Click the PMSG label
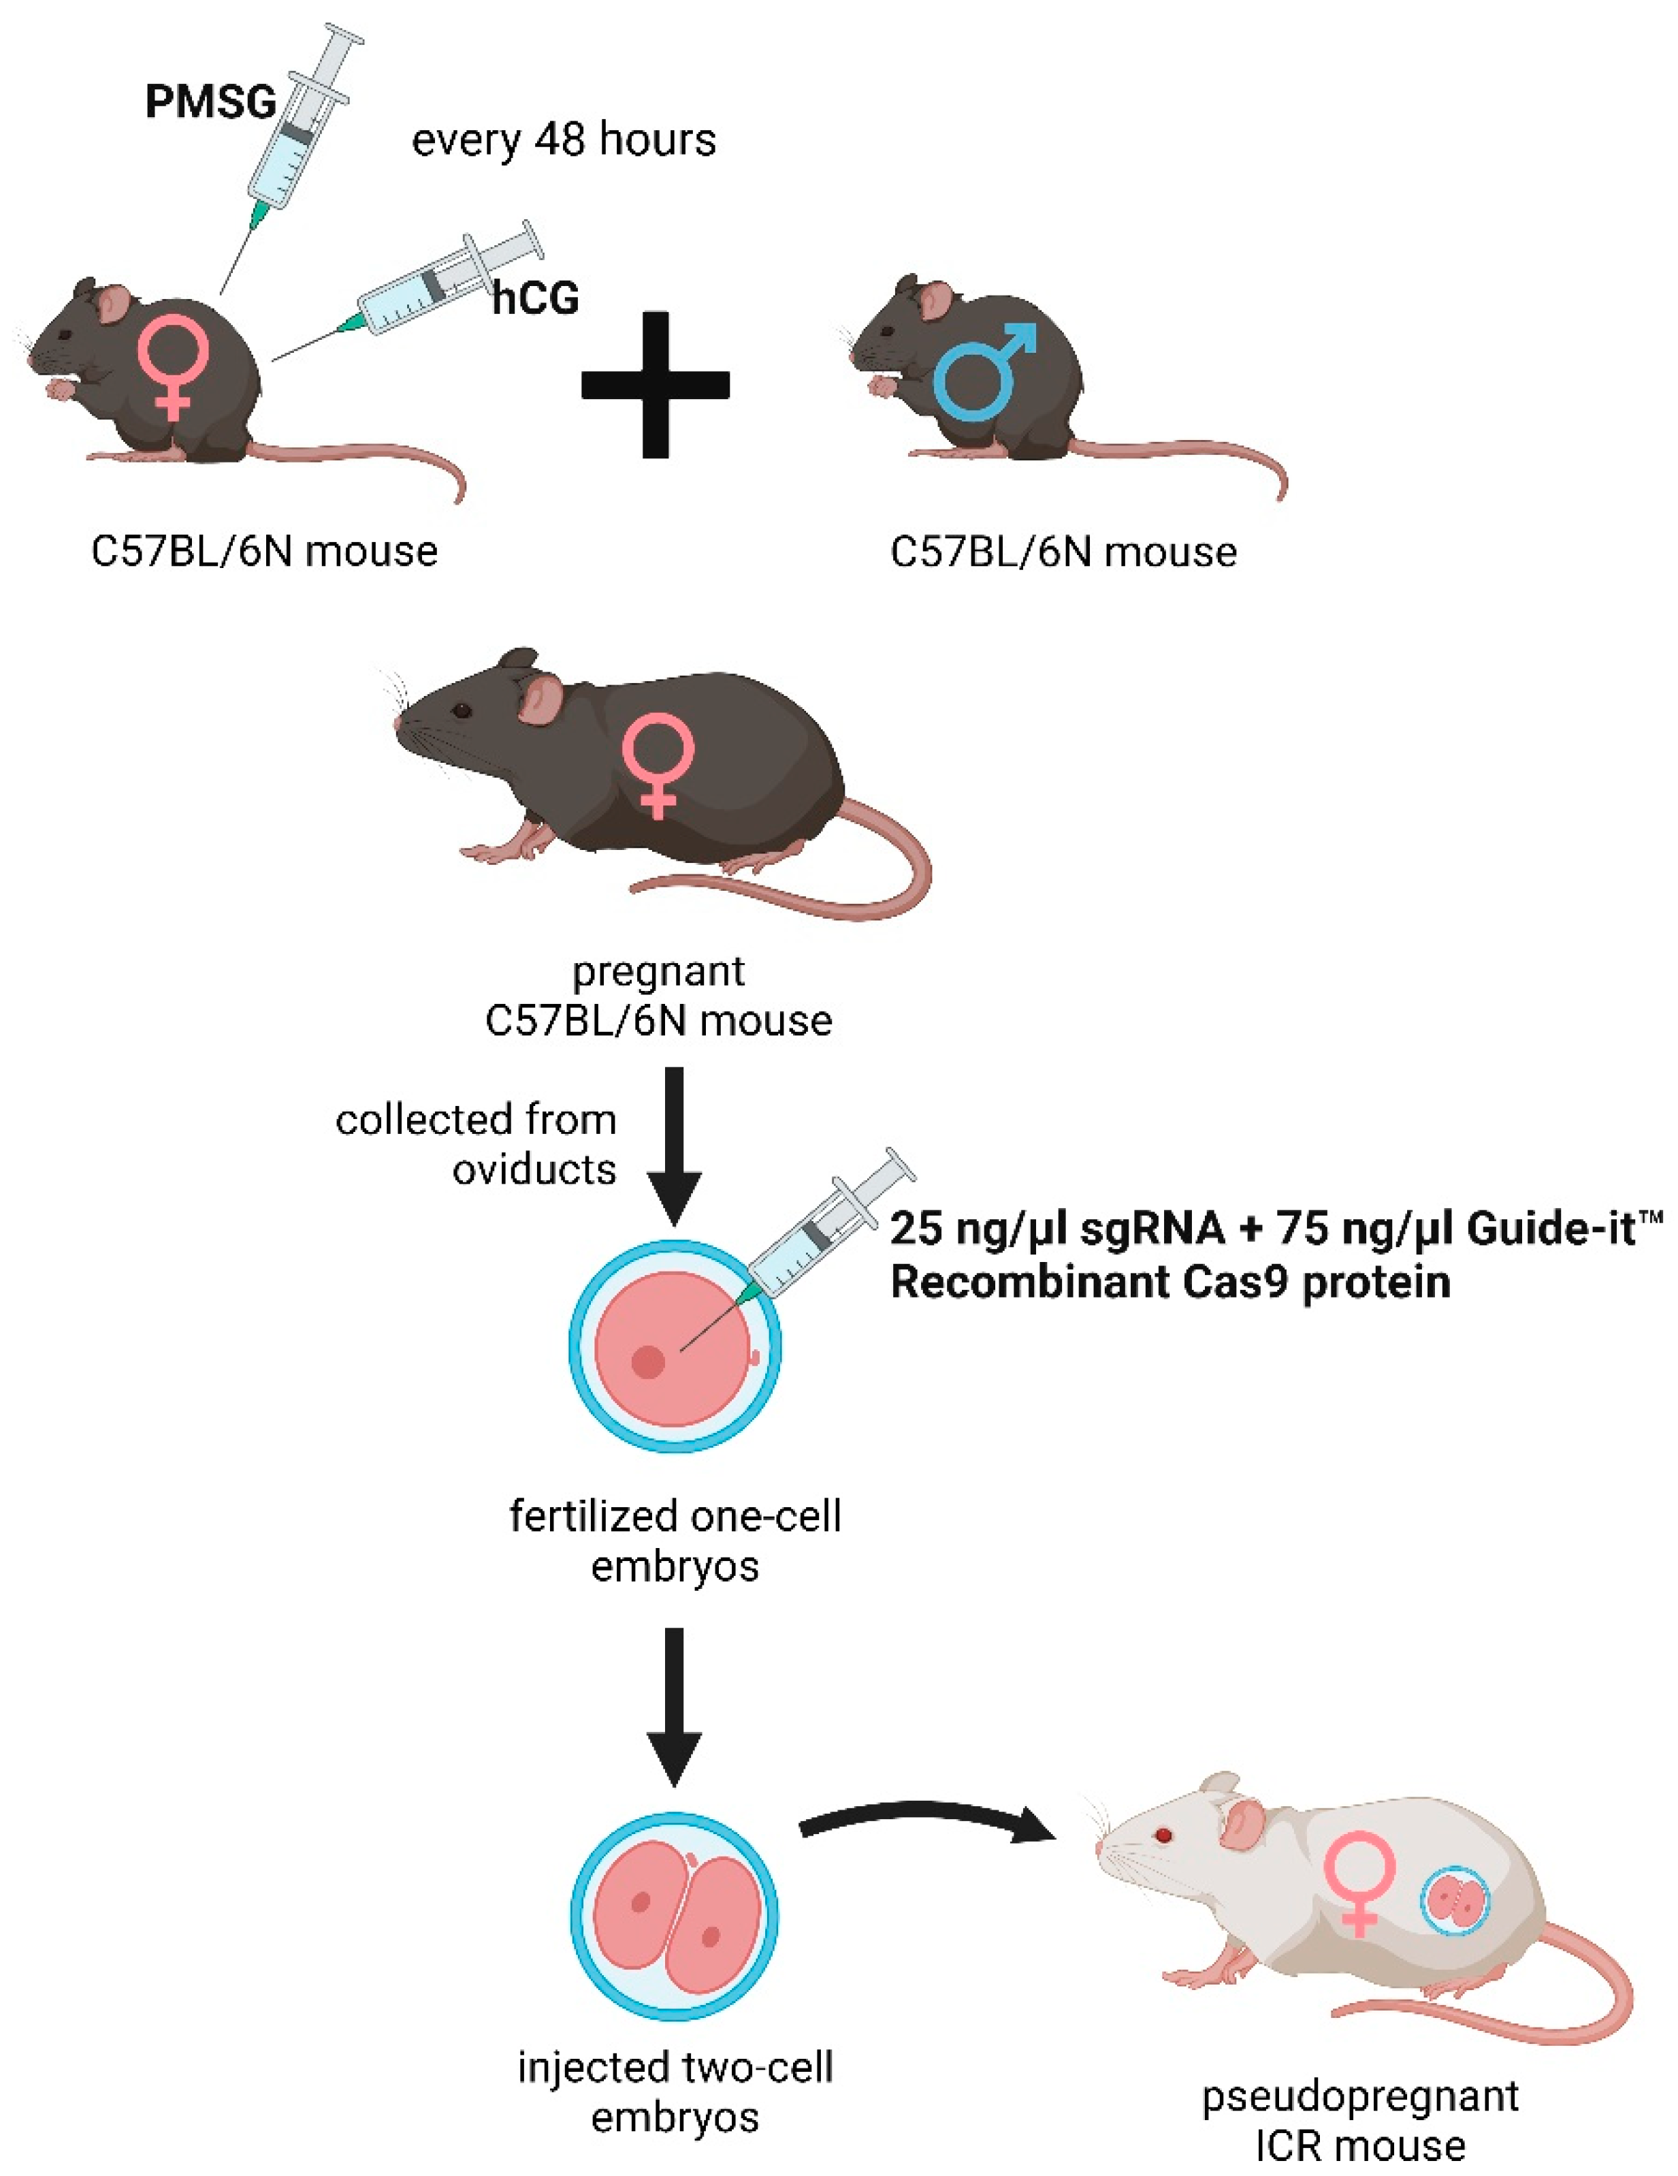pyautogui.click(x=210, y=101)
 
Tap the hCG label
pyautogui.click(x=536, y=298)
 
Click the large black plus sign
pyautogui.click(x=656, y=385)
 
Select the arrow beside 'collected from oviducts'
pyautogui.click(x=674, y=1146)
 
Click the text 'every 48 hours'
pyautogui.click(x=564, y=140)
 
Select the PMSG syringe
pyautogui.click(x=299, y=129)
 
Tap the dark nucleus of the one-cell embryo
pyautogui.click(x=648, y=1361)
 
